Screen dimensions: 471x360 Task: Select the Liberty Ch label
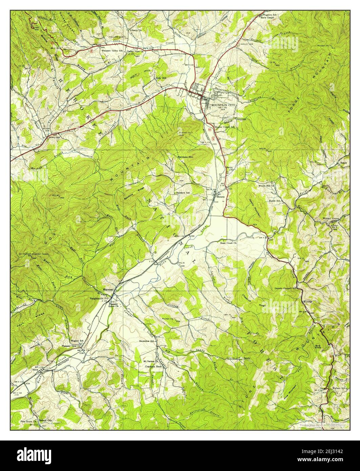click(x=136, y=30)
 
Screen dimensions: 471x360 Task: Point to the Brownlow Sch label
click(x=147, y=341)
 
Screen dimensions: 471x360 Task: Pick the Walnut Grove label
click(x=331, y=219)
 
